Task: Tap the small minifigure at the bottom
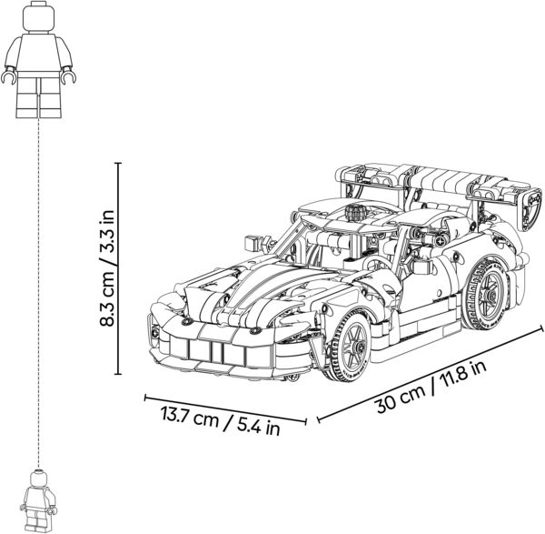[38, 501]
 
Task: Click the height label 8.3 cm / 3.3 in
[106, 267]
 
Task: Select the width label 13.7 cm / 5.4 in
[221, 420]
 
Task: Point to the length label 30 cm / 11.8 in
[431, 388]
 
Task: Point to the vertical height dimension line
[118, 268]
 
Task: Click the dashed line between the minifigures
[38, 293]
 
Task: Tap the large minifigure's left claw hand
[8, 76]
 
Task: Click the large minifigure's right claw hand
[68, 76]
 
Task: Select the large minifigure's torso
[38, 52]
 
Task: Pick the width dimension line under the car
[225, 409]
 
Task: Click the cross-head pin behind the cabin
[441, 241]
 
